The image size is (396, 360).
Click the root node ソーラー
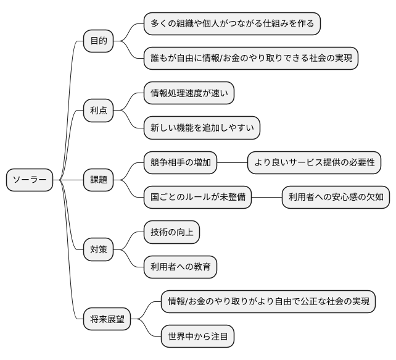click(x=30, y=180)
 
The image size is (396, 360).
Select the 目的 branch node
click(x=98, y=41)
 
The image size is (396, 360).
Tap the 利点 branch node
click(x=98, y=111)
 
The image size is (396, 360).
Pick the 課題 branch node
click(x=98, y=180)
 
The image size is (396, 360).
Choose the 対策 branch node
click(x=98, y=249)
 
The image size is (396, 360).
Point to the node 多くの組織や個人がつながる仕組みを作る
click(x=232, y=24)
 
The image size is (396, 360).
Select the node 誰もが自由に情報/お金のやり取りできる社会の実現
click(x=250, y=59)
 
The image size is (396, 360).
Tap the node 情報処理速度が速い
click(x=189, y=93)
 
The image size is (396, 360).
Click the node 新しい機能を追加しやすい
click(x=201, y=128)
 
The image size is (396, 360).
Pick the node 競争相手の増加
click(x=180, y=162)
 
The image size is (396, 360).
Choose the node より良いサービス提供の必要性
click(x=314, y=162)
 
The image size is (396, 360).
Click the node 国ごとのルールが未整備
click(x=197, y=197)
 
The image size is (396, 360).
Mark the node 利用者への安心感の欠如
click(x=336, y=197)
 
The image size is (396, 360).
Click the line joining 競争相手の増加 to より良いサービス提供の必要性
click(x=232, y=162)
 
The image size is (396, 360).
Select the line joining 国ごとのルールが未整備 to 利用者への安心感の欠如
click(x=266, y=197)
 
